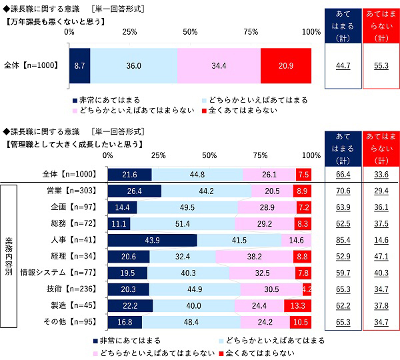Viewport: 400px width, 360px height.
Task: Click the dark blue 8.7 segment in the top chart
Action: [x=79, y=65]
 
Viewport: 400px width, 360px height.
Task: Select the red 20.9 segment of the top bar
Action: [x=285, y=65]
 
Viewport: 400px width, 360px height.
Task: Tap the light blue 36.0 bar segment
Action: [x=133, y=65]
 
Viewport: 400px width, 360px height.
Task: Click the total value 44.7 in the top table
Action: [x=342, y=65]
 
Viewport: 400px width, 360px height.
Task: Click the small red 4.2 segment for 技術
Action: [x=307, y=289]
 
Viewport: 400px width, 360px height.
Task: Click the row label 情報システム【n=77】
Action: [x=61, y=272]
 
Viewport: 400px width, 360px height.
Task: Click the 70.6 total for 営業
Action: [x=342, y=191]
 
